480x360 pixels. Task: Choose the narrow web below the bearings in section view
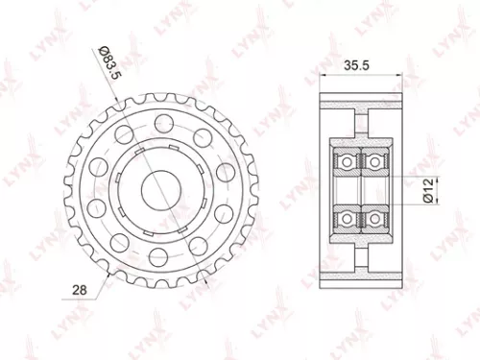point(359,252)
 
